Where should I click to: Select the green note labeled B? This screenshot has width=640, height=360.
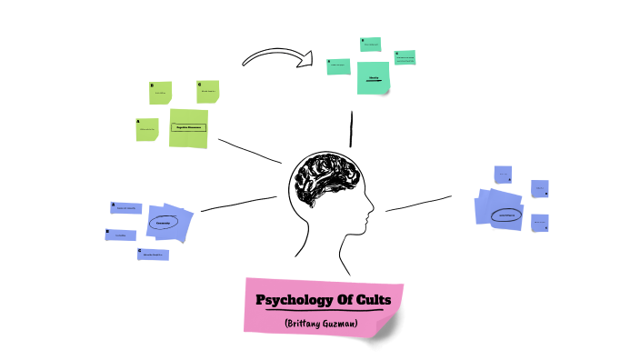click(161, 92)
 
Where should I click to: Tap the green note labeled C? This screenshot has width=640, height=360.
click(208, 91)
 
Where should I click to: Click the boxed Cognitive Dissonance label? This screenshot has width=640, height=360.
click(188, 128)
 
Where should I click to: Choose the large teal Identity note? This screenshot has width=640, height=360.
click(373, 77)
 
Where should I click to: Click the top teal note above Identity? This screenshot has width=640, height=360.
click(370, 45)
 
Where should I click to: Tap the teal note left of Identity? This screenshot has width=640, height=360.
click(338, 65)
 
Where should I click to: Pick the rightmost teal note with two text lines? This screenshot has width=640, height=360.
click(405, 58)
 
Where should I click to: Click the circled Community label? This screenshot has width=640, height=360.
click(164, 222)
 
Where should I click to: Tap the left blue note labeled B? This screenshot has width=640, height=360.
click(120, 235)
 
